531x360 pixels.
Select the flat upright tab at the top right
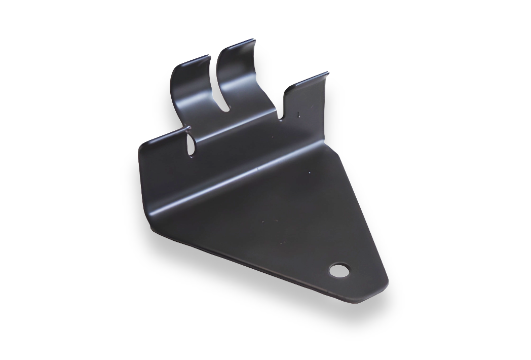point(304,101)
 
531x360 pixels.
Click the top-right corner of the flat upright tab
point(327,74)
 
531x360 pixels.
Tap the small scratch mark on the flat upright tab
point(298,115)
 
